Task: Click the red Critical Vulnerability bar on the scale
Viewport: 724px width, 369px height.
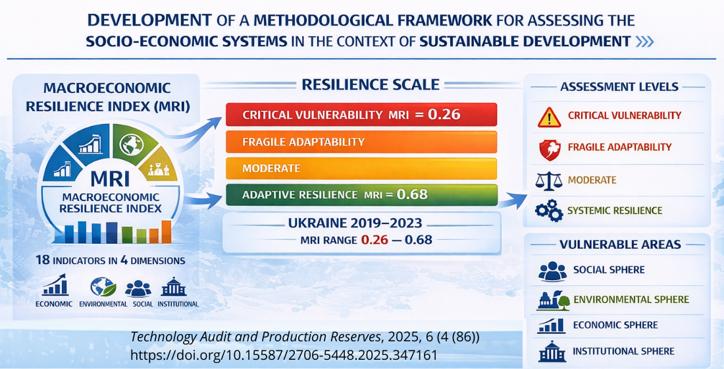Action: [361, 115]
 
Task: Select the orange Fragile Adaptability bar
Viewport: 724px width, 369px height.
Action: [361, 142]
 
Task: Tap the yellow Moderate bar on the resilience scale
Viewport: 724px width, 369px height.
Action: [361, 168]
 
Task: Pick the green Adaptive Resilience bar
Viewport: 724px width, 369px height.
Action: [361, 194]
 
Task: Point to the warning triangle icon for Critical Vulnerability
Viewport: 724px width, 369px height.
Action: [548, 117]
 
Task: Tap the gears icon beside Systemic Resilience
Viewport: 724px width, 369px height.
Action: [548, 211]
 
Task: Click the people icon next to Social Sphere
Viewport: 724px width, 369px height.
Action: [552, 271]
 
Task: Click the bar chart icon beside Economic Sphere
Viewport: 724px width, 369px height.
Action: [552, 326]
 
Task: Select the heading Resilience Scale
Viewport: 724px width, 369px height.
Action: [370, 84]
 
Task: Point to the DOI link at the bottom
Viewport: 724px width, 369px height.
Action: [284, 355]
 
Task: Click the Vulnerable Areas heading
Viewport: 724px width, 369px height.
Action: [619, 244]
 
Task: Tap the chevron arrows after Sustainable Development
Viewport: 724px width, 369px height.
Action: [644, 42]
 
